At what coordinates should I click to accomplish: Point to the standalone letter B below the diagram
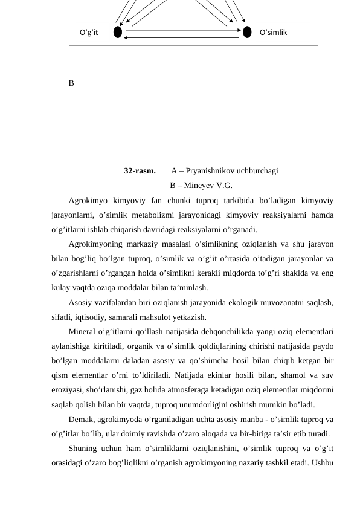pos(71,83)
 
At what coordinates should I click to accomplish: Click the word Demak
pos(82,420)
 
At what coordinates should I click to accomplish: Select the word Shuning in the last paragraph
pos(84,449)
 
